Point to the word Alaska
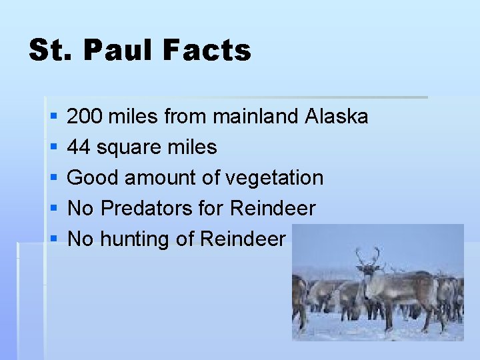tap(336, 117)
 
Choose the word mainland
tap(256, 117)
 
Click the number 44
tap(79, 147)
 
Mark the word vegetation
tap(274, 178)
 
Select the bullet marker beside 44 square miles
tap(53, 148)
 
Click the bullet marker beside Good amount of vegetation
tap(53, 179)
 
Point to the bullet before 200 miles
tap(53, 117)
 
